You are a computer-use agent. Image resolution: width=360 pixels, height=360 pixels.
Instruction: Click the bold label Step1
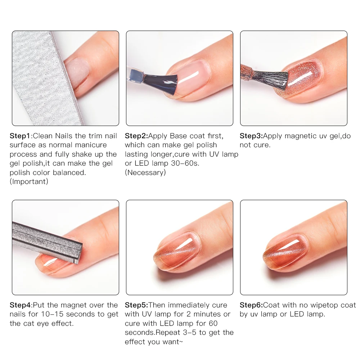[21, 136]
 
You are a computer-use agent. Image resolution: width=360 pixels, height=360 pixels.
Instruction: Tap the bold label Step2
[136, 136]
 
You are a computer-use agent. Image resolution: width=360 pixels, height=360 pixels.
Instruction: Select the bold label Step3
[251, 136]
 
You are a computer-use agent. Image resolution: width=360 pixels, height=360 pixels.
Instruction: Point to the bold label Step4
[21, 305]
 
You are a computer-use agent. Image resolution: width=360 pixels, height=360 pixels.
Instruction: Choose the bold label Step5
[136, 305]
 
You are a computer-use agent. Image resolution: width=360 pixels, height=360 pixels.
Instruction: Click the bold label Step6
[251, 305]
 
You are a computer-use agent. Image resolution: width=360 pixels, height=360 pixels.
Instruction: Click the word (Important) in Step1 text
[29, 181]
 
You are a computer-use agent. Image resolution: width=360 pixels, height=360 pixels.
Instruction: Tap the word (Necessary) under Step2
[145, 172]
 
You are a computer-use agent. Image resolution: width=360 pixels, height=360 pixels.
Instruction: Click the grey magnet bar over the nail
[47, 238]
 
